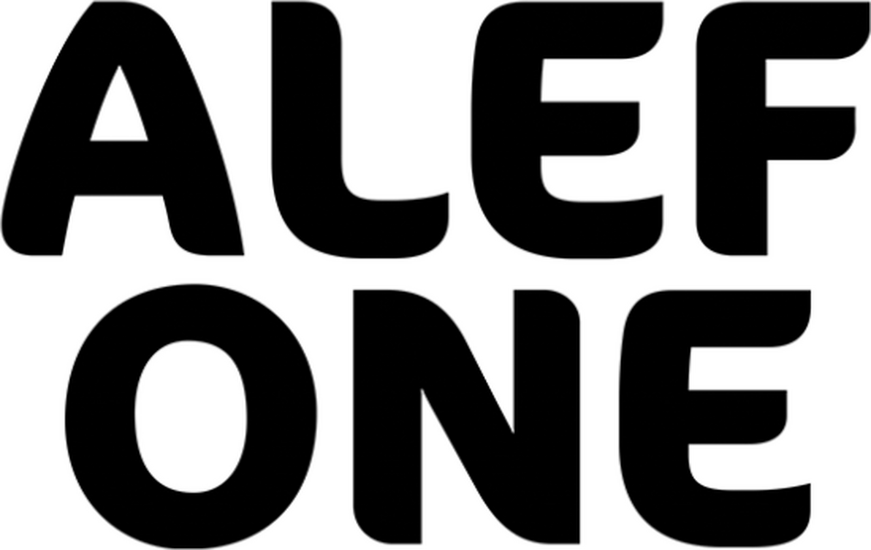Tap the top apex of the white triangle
tap(120, 77)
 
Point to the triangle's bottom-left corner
tap(95, 136)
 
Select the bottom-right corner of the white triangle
tap(144, 136)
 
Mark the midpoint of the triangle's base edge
tap(119, 136)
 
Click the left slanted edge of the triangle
tap(108, 107)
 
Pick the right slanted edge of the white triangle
tap(132, 107)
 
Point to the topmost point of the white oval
tap(190, 344)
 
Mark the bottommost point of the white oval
tap(190, 488)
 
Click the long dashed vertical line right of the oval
tap(583, 408)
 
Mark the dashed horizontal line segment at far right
tap(735, 287)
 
